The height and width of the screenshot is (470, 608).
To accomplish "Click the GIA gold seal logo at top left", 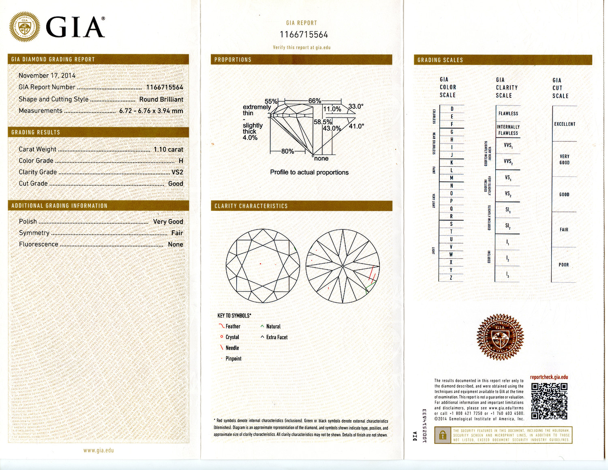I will (x=25, y=26).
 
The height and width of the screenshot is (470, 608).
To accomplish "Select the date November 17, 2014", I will (x=47, y=75).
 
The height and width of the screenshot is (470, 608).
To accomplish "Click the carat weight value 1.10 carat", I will (x=168, y=149).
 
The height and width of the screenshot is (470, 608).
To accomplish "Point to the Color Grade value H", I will (x=181, y=161).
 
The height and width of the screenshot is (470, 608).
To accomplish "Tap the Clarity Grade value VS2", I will (x=177, y=172).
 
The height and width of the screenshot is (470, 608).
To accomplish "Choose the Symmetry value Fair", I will (x=177, y=233).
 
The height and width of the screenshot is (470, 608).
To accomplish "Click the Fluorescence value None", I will (x=176, y=244).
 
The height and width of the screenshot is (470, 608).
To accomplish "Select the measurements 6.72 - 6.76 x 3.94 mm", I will (x=151, y=111).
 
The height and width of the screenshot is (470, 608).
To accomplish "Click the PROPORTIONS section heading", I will (x=233, y=60).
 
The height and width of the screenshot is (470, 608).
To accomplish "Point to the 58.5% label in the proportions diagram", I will (x=323, y=122).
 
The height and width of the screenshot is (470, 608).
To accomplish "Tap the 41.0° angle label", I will (x=356, y=126).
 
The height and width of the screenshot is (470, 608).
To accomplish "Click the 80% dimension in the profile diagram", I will (x=287, y=151).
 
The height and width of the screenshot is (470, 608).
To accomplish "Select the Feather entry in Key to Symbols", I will (x=233, y=326).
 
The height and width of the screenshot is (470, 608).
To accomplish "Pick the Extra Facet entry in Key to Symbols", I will (x=276, y=337).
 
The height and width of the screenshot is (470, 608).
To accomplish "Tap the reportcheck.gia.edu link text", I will (x=549, y=377).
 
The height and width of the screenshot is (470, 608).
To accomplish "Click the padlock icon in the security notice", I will (x=443, y=435).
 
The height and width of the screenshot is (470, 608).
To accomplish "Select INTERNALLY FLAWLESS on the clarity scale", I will (x=508, y=130).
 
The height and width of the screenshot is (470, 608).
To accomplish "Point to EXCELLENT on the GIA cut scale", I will (x=565, y=124).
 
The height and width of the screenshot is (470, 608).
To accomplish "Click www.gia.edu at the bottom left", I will (x=98, y=450).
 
